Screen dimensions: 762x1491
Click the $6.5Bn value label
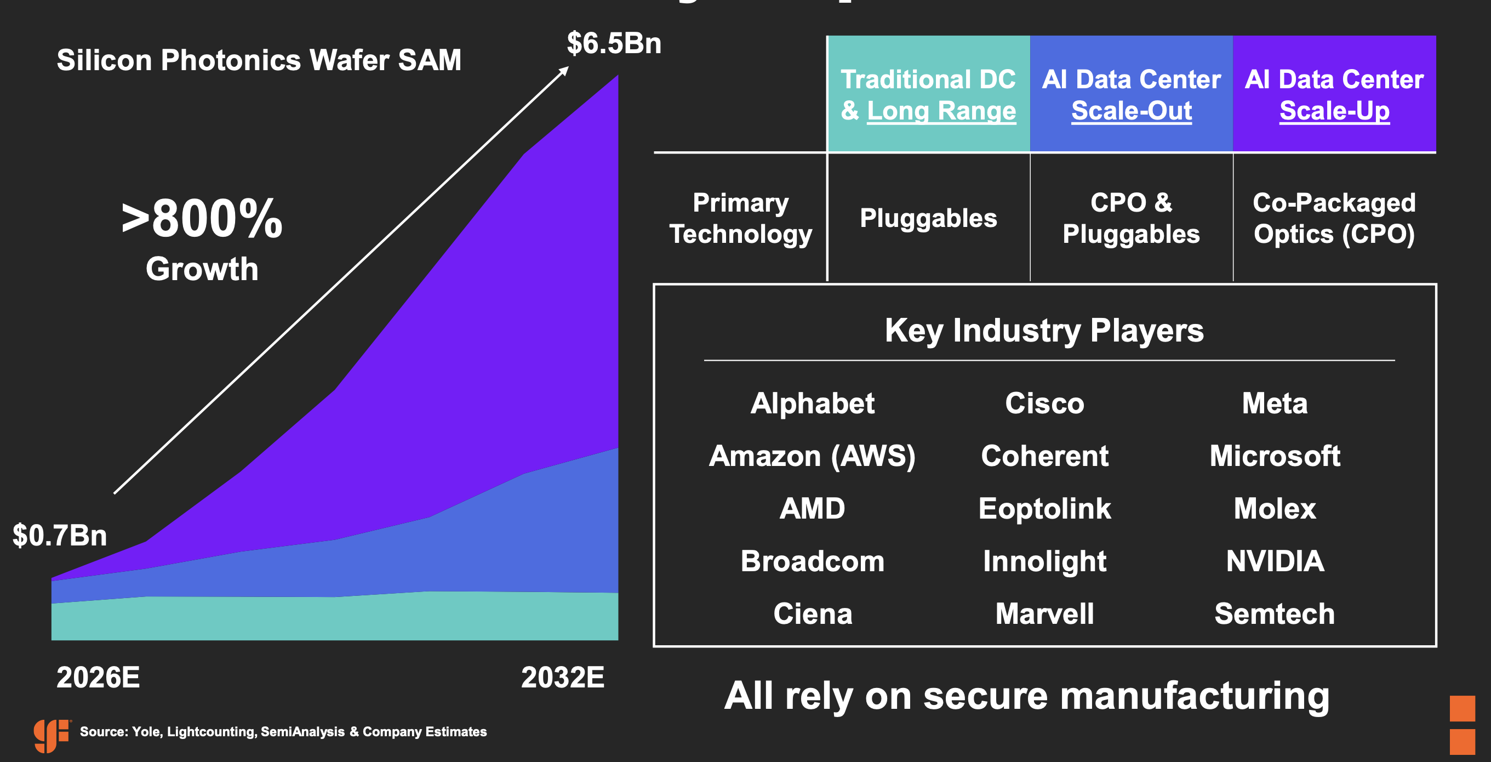[x=614, y=43]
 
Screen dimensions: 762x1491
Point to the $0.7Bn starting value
[x=60, y=535]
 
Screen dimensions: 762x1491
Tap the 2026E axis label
[x=98, y=677]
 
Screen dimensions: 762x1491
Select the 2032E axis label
[x=563, y=677]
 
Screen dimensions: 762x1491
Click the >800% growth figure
[x=202, y=219]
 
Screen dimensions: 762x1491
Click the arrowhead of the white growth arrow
[x=564, y=71]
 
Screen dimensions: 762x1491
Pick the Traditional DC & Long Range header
[x=928, y=94]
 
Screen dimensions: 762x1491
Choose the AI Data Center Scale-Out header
[x=1131, y=94]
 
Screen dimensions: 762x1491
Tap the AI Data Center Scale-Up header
[x=1334, y=94]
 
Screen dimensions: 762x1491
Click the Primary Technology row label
[x=740, y=218]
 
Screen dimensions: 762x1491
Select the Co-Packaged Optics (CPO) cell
[x=1334, y=218]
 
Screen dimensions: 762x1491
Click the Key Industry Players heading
[x=1044, y=331]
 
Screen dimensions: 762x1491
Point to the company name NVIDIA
[x=1275, y=561]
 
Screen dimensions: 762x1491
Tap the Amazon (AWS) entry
[x=812, y=456]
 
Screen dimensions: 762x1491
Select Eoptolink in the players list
[x=1045, y=508]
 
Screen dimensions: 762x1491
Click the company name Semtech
[x=1275, y=614]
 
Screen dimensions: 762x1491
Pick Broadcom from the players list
[x=812, y=561]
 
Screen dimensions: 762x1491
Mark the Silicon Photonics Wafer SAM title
[x=259, y=60]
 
